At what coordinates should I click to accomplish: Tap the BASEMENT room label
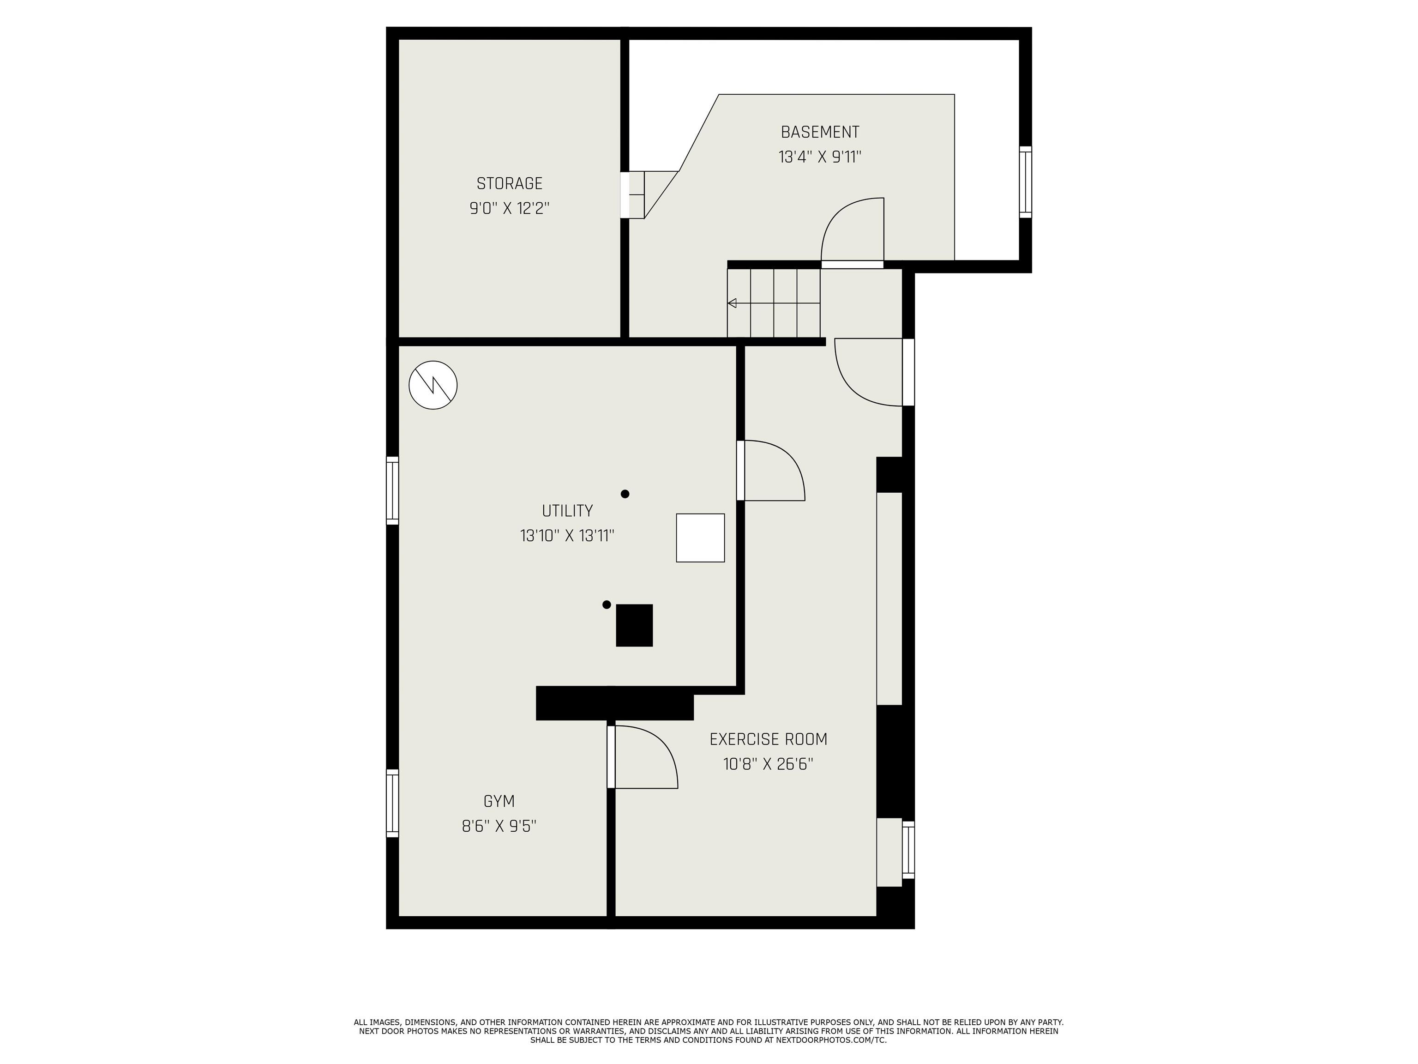click(819, 132)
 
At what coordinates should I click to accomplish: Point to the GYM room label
click(499, 801)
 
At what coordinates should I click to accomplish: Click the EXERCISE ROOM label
click(768, 739)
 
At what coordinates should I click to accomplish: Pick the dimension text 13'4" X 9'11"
click(819, 157)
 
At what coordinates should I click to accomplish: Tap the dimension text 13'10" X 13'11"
click(567, 536)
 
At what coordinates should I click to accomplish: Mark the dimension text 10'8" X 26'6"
click(768, 764)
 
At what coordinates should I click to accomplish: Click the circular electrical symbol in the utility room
click(433, 386)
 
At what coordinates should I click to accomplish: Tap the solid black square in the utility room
click(634, 625)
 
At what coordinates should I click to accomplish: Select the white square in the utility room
click(700, 538)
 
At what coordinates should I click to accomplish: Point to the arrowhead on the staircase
click(732, 303)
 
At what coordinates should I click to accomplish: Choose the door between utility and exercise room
click(741, 470)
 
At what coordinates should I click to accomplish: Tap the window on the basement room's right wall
click(1025, 182)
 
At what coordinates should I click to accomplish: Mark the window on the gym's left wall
click(392, 803)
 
